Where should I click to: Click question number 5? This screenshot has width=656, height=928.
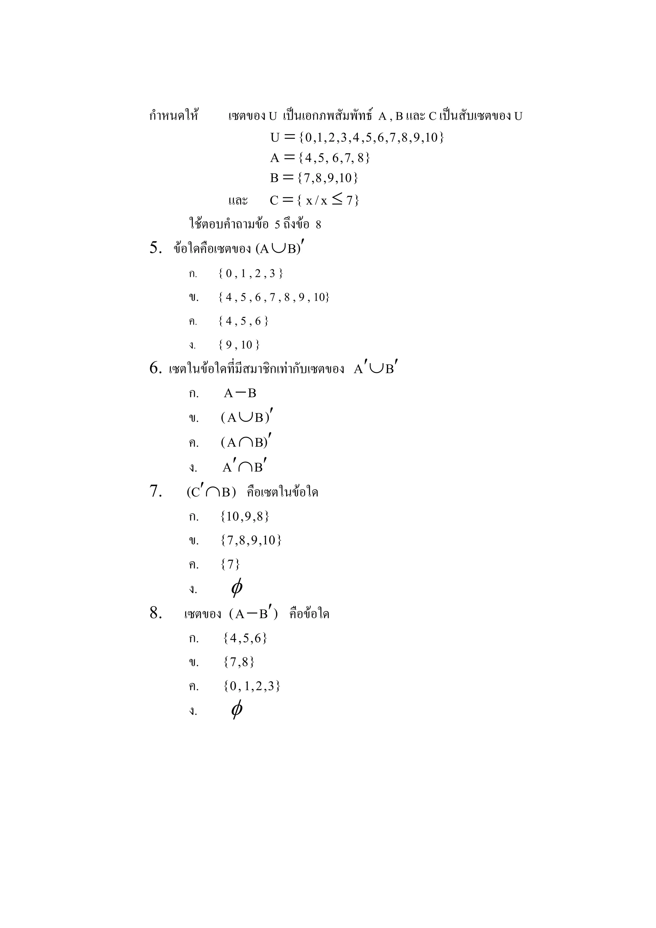[x=156, y=248]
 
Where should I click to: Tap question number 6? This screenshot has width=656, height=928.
[x=156, y=368]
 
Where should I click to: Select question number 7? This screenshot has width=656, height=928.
[x=156, y=492]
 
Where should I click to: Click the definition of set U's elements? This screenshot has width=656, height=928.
[x=357, y=137]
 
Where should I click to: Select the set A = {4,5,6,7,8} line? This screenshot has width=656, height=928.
[x=320, y=158]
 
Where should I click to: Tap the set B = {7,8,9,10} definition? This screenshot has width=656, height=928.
[x=314, y=178]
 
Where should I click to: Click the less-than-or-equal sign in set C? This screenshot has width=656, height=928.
[x=337, y=199]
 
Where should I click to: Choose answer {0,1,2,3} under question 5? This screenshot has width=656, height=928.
[x=250, y=274]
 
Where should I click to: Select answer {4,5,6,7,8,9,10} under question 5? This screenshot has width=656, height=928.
[x=274, y=297]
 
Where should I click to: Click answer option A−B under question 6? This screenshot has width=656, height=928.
[x=240, y=393]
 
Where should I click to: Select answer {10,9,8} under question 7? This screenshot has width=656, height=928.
[x=245, y=517]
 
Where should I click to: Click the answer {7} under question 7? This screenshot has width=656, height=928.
[x=231, y=564]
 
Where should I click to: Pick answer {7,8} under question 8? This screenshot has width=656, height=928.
[x=239, y=662]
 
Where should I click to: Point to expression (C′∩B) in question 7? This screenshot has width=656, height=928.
[x=211, y=492]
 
